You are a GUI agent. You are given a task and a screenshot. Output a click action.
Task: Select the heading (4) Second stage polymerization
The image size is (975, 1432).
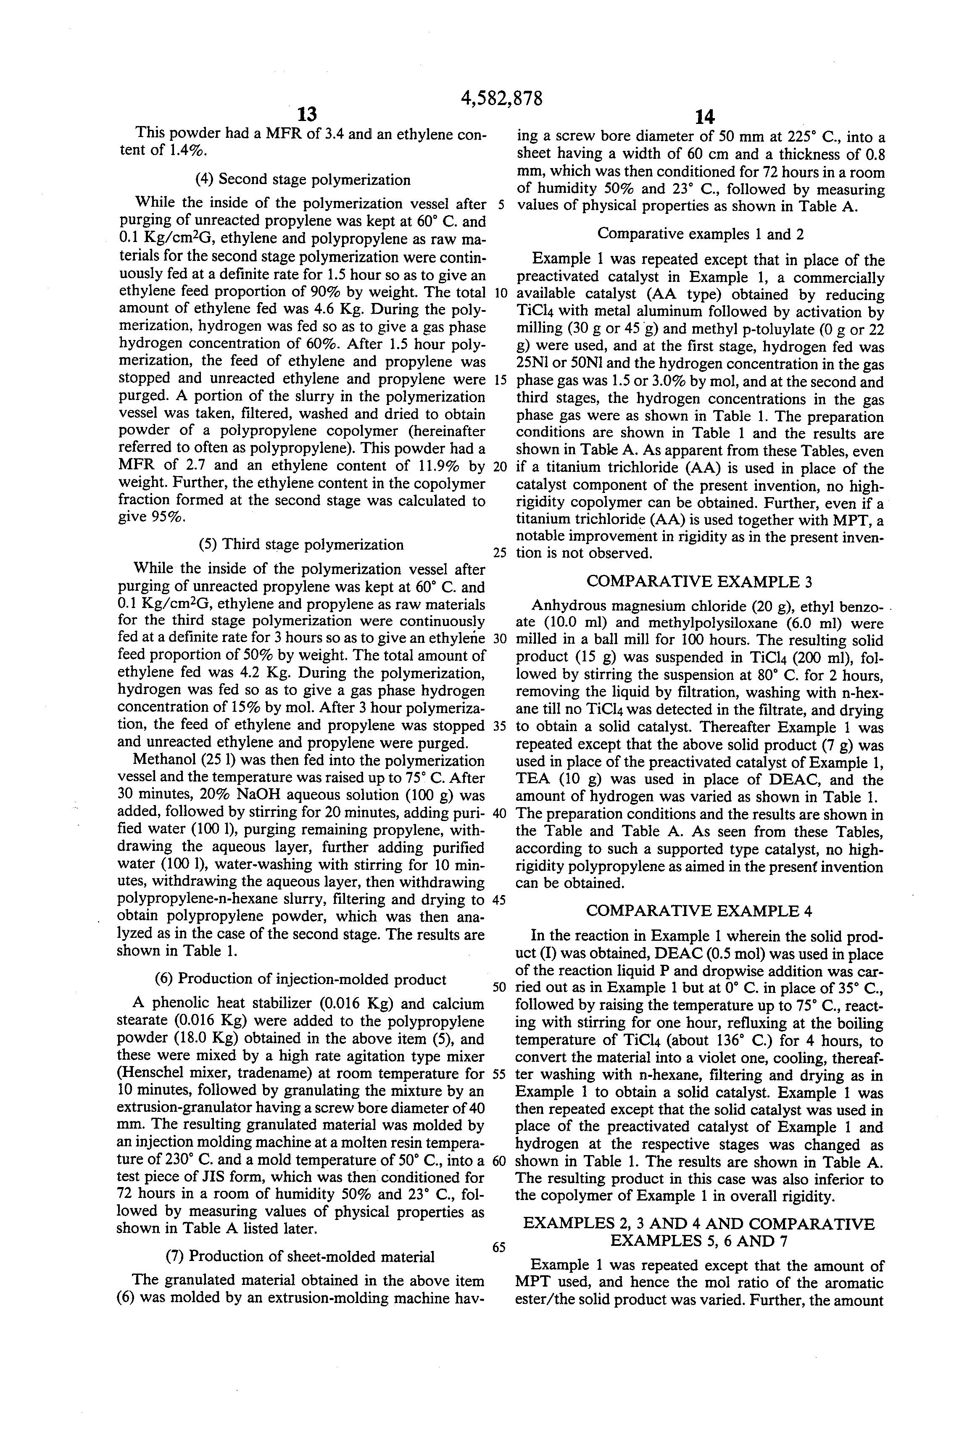[x=303, y=180]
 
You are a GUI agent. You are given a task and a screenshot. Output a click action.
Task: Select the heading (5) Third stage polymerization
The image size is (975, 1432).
[x=301, y=545]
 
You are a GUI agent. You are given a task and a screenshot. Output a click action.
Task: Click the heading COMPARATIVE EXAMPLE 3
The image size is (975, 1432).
[x=699, y=581]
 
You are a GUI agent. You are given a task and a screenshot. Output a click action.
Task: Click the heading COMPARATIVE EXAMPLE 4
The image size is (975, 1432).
[x=699, y=911]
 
